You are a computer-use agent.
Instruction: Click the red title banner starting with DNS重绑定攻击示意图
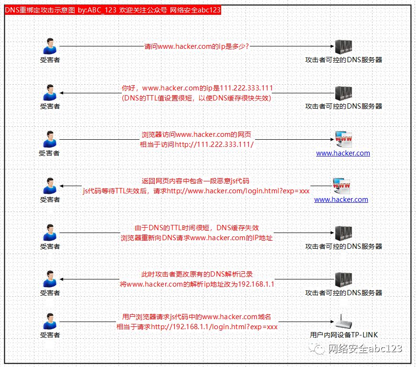[x=113, y=10]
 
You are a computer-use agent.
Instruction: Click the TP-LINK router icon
[x=343, y=321]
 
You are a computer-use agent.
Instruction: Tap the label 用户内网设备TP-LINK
[x=344, y=335]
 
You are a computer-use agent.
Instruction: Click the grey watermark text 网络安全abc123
[x=365, y=348]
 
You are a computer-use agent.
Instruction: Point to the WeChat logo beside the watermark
[x=316, y=348]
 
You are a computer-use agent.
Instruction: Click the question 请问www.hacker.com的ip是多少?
[x=197, y=46]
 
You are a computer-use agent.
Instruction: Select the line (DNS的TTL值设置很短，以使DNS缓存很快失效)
[x=197, y=98]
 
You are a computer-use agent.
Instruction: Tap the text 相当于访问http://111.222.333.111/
[x=197, y=145]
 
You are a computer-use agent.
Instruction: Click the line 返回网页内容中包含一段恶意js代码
[x=195, y=181]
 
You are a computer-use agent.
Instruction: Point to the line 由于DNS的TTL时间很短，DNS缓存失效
[x=197, y=228]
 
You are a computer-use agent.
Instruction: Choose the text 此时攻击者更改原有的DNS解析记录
[x=197, y=274]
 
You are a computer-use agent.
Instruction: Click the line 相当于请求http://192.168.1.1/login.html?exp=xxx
[x=197, y=327]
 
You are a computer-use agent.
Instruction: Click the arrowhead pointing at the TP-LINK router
[x=332, y=322]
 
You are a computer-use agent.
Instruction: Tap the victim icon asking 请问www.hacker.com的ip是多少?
[x=50, y=46]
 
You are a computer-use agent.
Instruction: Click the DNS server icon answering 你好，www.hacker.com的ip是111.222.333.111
[x=343, y=93]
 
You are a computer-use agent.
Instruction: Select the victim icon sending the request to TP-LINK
[x=50, y=321]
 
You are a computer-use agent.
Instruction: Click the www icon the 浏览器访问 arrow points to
[x=343, y=139]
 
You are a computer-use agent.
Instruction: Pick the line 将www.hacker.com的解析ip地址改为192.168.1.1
[x=197, y=284]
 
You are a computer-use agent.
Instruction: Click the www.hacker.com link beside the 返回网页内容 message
[x=341, y=200]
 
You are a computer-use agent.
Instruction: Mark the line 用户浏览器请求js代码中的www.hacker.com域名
[x=197, y=317]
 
